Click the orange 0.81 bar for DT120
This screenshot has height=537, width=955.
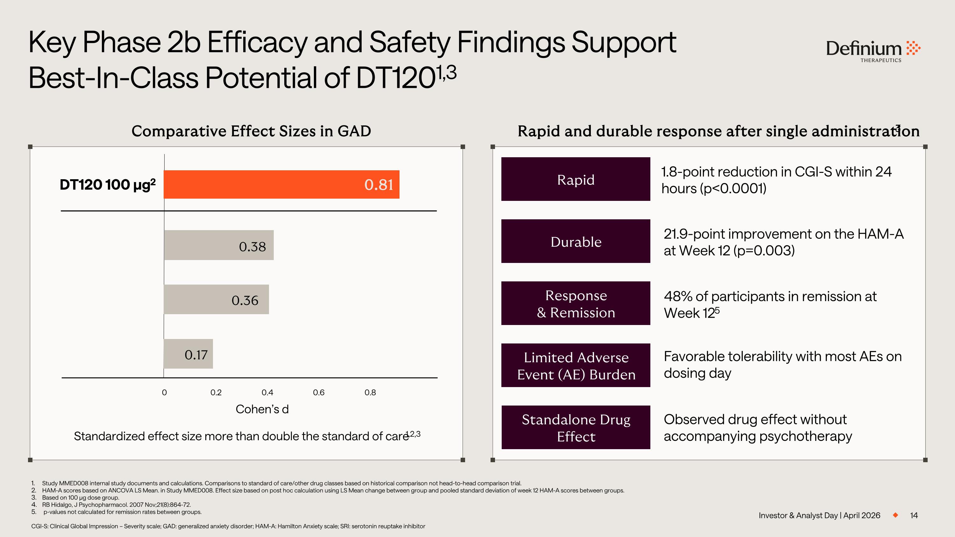click(x=281, y=185)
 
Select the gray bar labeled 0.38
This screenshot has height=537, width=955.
click(x=219, y=245)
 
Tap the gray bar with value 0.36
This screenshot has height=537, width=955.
click(x=216, y=300)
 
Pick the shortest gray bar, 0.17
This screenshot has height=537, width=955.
click(x=188, y=354)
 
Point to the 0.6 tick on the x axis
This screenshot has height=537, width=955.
click(x=318, y=392)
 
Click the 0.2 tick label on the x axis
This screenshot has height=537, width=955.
click(x=216, y=392)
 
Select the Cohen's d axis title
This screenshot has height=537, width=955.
click(x=262, y=409)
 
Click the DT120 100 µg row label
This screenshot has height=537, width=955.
click(x=108, y=185)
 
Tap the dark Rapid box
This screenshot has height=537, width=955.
click(x=575, y=179)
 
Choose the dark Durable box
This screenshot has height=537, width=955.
click(x=575, y=241)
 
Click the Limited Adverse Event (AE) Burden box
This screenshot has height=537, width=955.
click(x=575, y=365)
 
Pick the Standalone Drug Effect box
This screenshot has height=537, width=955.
click(x=575, y=427)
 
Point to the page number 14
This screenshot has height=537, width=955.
click(x=914, y=515)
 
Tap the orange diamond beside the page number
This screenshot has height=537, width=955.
click(x=895, y=515)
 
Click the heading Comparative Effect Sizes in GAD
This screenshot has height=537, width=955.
click(x=251, y=131)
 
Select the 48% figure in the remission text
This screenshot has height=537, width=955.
click(x=678, y=296)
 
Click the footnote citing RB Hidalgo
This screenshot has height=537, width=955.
click(x=116, y=505)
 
